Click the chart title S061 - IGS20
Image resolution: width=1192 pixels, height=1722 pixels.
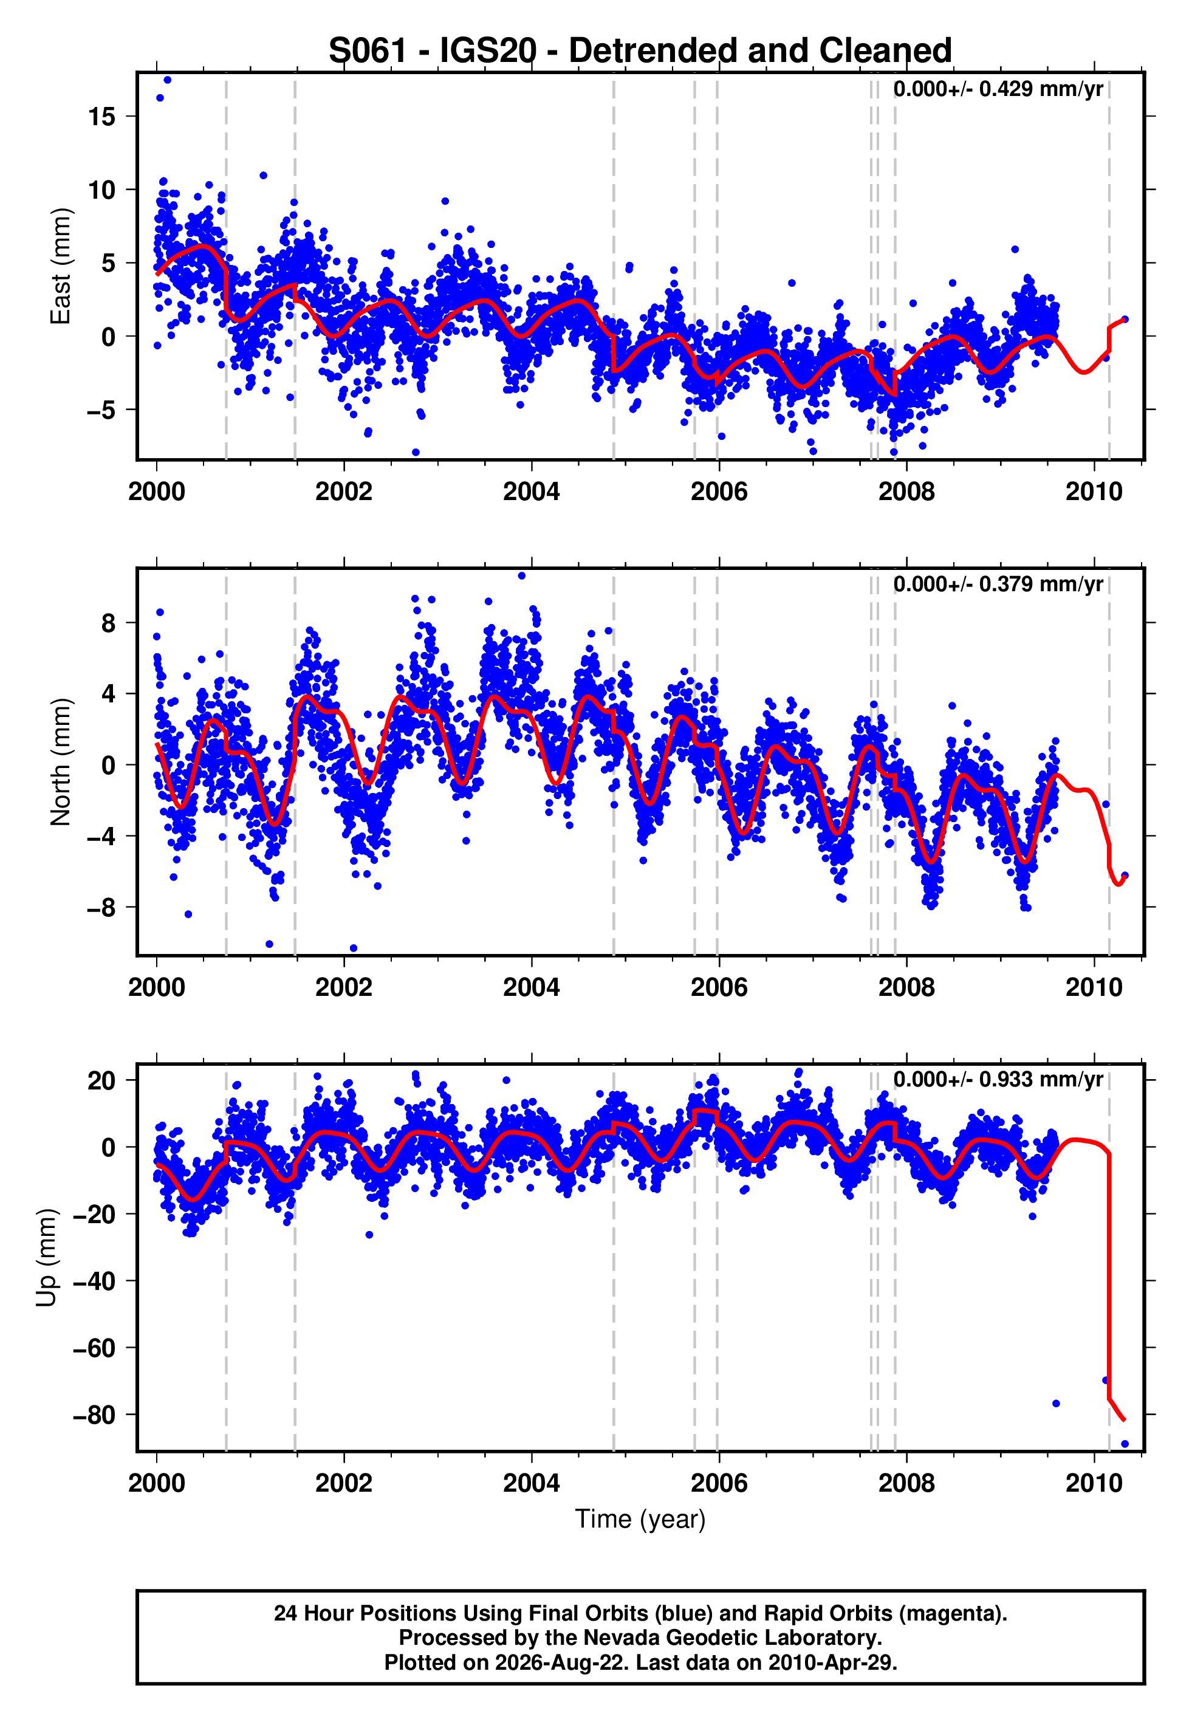pyautogui.click(x=433, y=51)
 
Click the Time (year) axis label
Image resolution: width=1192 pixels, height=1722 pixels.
pyautogui.click(x=640, y=1519)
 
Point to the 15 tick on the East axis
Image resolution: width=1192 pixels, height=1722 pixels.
pyautogui.click(x=101, y=117)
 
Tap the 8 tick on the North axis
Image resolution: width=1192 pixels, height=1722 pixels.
pyautogui.click(x=109, y=623)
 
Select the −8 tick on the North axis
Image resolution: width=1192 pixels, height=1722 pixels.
pyautogui.click(x=101, y=907)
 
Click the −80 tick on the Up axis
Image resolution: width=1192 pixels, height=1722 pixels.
pyautogui.click(x=94, y=1415)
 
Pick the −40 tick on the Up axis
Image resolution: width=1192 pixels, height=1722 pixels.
pyautogui.click(x=94, y=1281)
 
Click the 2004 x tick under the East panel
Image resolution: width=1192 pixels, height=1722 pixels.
pyautogui.click(x=531, y=492)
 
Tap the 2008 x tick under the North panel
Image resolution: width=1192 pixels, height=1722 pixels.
pyautogui.click(x=906, y=987)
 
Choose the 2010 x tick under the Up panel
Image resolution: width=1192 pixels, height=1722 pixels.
pyautogui.click(x=1094, y=1483)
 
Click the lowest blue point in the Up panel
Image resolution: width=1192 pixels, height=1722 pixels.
pyautogui.click(x=1125, y=1444)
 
